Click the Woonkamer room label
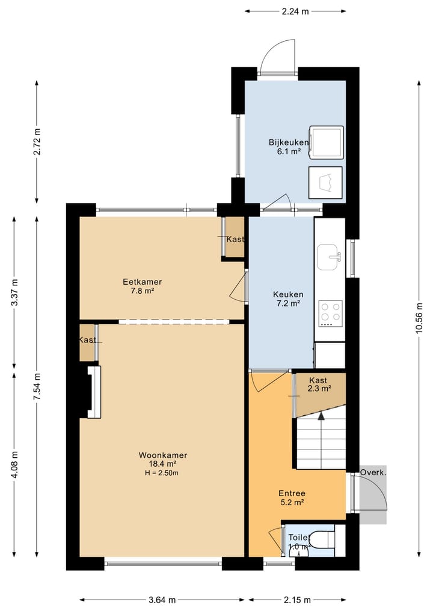[x=162, y=464]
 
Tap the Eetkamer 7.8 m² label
[x=142, y=286]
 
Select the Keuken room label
[x=288, y=299]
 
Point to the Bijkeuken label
[x=289, y=147]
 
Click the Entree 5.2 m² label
[x=292, y=497]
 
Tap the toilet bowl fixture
[x=322, y=540]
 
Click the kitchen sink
[x=328, y=257]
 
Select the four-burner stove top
[x=330, y=314]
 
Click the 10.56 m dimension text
[x=419, y=318]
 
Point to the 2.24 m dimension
[x=295, y=11]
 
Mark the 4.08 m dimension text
[x=14, y=464]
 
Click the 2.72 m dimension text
[x=37, y=141]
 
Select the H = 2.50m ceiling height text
[x=162, y=473]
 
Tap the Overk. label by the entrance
[x=373, y=473]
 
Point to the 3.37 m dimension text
[x=14, y=293]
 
